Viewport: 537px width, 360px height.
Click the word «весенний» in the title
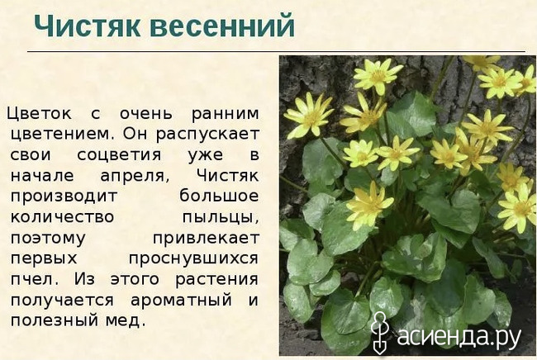pos(222,26)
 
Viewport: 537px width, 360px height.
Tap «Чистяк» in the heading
pos(88,26)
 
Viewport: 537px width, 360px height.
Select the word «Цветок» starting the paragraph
pos(40,114)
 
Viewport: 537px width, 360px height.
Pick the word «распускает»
pos(207,135)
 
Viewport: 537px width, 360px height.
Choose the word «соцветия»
pos(119,155)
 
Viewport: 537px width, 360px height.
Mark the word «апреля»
pos(135,177)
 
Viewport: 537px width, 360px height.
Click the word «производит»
pos(64,197)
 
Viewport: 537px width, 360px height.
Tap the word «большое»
pos(219,196)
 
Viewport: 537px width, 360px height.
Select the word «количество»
pos(62,217)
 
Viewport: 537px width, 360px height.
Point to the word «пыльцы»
pos(221,218)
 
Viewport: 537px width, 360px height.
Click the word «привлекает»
pos(206,238)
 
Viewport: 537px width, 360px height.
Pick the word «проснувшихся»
pos(193,259)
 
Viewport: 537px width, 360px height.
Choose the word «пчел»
pos(32,280)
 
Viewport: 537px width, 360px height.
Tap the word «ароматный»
pos(181,301)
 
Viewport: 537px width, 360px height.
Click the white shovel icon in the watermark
pos(380,333)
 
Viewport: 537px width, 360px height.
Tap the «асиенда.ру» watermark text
pos(459,336)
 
